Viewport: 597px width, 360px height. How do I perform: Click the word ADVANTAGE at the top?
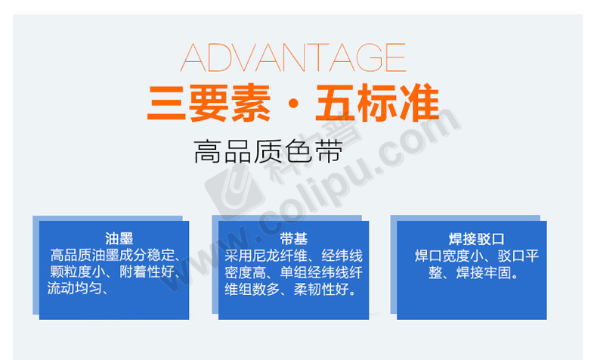click(292, 57)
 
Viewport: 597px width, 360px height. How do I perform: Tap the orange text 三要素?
click(209, 104)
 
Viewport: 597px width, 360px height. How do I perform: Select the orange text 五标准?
click(377, 104)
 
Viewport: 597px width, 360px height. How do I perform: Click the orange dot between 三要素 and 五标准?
click(293, 104)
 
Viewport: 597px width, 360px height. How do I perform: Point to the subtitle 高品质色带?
click(268, 152)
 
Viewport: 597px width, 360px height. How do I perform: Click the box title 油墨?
click(119, 239)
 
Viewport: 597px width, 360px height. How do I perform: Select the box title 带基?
click(293, 239)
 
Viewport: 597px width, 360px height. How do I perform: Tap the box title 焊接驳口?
click(476, 239)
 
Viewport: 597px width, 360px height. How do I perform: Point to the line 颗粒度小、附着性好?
click(113, 272)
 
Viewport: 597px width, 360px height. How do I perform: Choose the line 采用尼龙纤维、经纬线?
click(293, 256)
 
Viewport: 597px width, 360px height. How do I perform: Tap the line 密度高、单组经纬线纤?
click(293, 272)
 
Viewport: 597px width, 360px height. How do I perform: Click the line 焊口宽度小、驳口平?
click(477, 256)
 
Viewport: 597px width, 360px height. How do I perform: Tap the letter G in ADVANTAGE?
click(369, 57)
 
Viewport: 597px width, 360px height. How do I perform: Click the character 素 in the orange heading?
click(251, 104)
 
